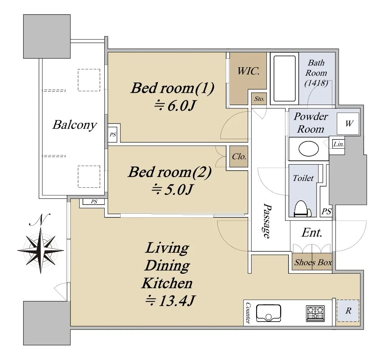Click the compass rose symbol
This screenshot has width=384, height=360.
click(41, 250)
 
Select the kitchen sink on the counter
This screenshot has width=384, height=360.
click(268, 313)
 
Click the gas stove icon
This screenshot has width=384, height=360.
click(315, 313)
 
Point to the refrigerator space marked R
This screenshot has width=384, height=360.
click(348, 311)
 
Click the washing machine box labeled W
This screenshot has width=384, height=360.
click(348, 124)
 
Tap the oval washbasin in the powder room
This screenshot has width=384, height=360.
click(309, 149)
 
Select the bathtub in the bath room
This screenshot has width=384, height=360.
click(284, 79)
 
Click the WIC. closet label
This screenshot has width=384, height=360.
click(249, 71)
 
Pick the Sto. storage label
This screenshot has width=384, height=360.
click(259, 99)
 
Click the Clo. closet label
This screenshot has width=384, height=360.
click(239, 157)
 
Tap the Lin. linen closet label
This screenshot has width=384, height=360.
click(338, 144)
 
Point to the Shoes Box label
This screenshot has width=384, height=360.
click(313, 263)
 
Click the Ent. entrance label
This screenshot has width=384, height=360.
click(312, 233)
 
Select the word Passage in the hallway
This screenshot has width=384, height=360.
click(267, 220)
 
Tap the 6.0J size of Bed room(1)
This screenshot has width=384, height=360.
click(175, 106)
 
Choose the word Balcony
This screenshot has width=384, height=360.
click(75, 125)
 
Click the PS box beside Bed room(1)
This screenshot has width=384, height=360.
click(113, 135)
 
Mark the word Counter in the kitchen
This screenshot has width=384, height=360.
click(248, 313)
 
